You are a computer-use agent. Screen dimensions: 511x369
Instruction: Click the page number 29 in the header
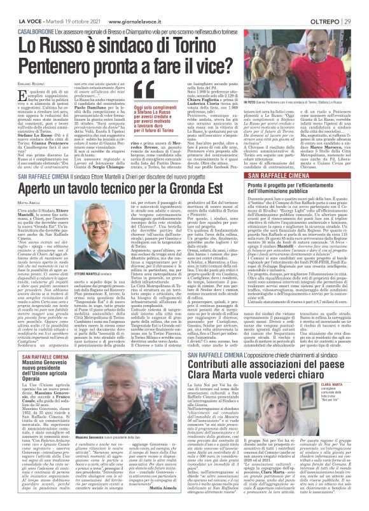[361, 5]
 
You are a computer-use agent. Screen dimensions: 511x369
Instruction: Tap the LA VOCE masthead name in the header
[14, 5]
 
